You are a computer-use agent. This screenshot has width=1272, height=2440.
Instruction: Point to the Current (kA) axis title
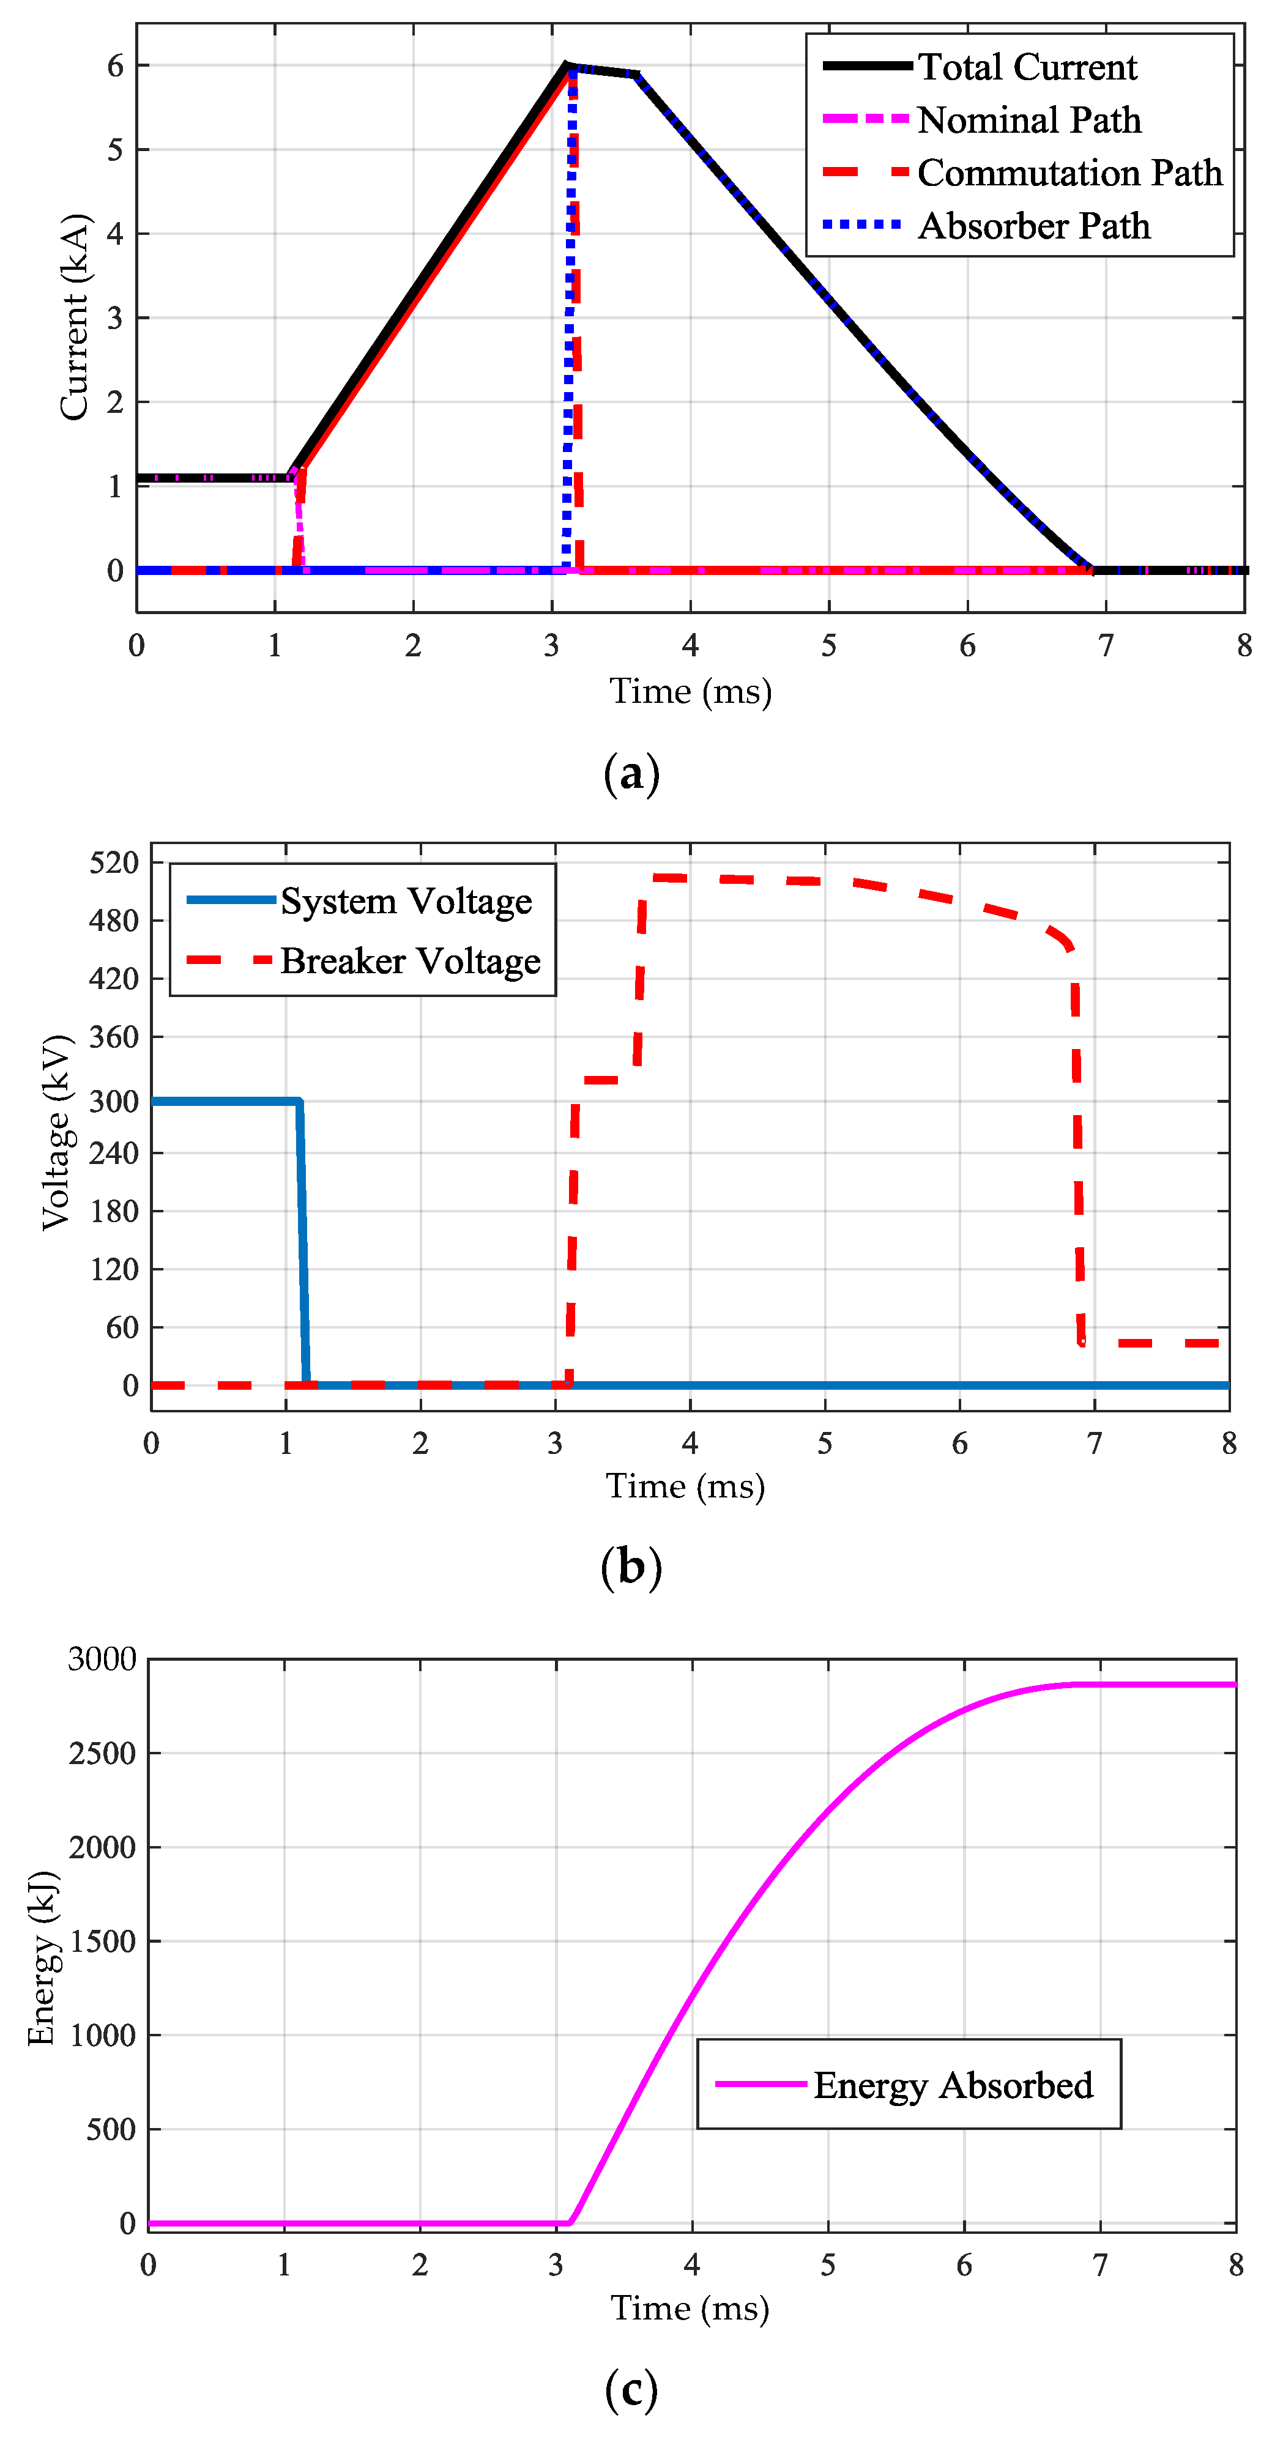tap(74, 317)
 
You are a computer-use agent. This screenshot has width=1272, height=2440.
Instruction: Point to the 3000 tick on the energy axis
tap(102, 1658)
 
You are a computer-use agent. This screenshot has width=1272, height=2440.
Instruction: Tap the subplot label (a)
tap(631, 774)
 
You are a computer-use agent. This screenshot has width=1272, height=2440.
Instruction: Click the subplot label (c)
tap(631, 2389)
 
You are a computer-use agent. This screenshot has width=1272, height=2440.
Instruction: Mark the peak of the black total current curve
tap(567, 65)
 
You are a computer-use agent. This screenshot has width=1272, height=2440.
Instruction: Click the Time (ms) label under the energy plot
tap(690, 2307)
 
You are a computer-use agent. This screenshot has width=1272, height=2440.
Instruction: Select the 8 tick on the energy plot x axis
tap(1235, 2265)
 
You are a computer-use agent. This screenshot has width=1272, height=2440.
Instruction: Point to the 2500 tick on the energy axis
tap(102, 1753)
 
